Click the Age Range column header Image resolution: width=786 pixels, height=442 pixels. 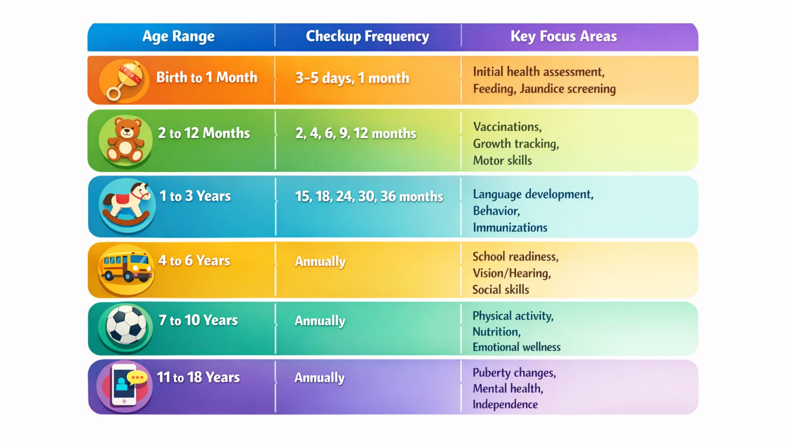pos(178,36)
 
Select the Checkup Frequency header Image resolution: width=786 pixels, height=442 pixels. pos(367,36)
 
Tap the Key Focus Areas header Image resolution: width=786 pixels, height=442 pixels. pos(563,36)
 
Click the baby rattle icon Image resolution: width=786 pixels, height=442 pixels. pos(124,80)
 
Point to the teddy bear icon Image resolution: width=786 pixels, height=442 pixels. pos(125,140)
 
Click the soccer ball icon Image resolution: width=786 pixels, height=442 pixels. pos(126,325)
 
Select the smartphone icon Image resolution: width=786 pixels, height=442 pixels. pos(124,385)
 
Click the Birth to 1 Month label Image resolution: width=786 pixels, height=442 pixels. pos(207,77)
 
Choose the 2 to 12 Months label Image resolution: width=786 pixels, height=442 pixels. pos(204,133)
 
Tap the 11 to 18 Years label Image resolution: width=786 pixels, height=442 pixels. pos(198,377)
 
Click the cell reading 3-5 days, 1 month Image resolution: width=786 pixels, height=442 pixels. pos(352,78)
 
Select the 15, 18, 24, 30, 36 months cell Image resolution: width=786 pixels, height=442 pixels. pos(369,196)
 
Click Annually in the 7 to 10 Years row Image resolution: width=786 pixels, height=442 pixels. pos(320,320)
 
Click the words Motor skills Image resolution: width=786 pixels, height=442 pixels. pos(502,160)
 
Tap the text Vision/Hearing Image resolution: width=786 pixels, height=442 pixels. pos(512,273)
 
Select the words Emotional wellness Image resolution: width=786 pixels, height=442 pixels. pos(517,347)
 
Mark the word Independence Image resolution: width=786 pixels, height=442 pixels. pos(505,404)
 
